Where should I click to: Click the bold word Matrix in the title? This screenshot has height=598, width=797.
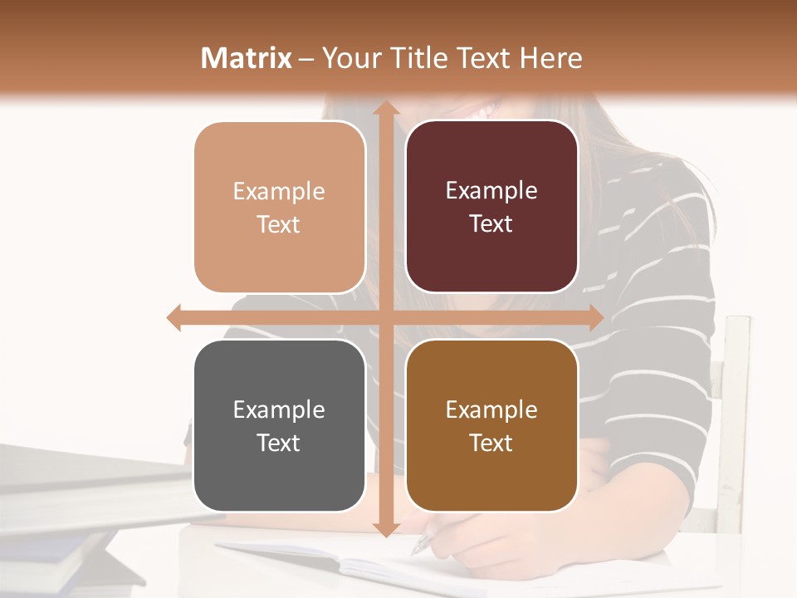tap(247, 58)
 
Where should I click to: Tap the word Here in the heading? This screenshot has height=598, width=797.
tap(550, 58)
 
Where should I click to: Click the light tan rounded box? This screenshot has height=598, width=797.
tap(280, 208)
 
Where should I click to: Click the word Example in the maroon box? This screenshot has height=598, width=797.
tap(491, 191)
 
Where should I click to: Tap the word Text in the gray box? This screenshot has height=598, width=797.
tap(278, 443)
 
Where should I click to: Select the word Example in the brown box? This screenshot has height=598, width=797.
tap(491, 409)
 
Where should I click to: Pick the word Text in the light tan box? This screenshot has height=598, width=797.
tap(278, 224)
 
